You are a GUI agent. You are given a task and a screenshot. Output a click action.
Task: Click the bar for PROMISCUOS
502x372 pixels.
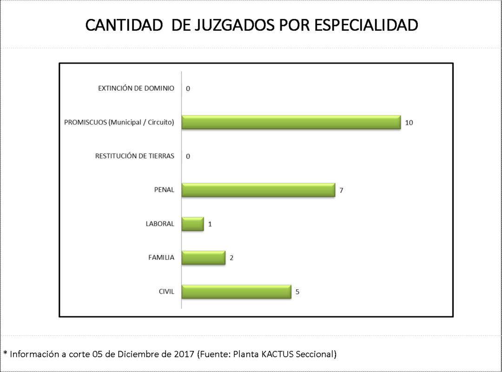(291, 122)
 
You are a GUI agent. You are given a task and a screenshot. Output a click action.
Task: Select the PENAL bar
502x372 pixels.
(258, 190)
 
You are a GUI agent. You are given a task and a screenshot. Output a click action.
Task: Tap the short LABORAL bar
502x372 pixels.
(192, 224)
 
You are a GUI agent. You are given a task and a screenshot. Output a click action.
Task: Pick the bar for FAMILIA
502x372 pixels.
(203, 258)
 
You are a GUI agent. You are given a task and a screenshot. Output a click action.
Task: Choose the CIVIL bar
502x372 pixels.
(236, 292)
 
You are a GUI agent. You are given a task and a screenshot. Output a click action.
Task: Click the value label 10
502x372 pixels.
(409, 123)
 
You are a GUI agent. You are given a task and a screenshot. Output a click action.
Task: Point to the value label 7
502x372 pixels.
(341, 190)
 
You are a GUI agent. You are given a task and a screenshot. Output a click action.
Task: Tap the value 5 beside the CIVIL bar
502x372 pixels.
(297, 292)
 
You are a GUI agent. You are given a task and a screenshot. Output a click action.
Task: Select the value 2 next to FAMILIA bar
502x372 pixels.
(231, 258)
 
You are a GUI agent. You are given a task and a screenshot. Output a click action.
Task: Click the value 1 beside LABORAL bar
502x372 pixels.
(210, 224)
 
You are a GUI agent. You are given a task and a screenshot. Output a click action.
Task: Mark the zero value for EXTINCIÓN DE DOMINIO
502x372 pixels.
(188, 88)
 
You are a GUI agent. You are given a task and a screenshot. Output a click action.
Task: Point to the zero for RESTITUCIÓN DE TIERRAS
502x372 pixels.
(188, 156)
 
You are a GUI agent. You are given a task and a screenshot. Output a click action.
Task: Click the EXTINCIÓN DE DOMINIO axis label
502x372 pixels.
(136, 88)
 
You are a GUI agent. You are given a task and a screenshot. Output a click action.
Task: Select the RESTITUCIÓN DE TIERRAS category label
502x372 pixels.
(135, 156)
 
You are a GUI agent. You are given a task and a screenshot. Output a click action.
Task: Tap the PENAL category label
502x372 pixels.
(164, 190)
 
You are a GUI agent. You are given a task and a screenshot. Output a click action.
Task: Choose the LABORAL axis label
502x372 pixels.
(160, 224)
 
